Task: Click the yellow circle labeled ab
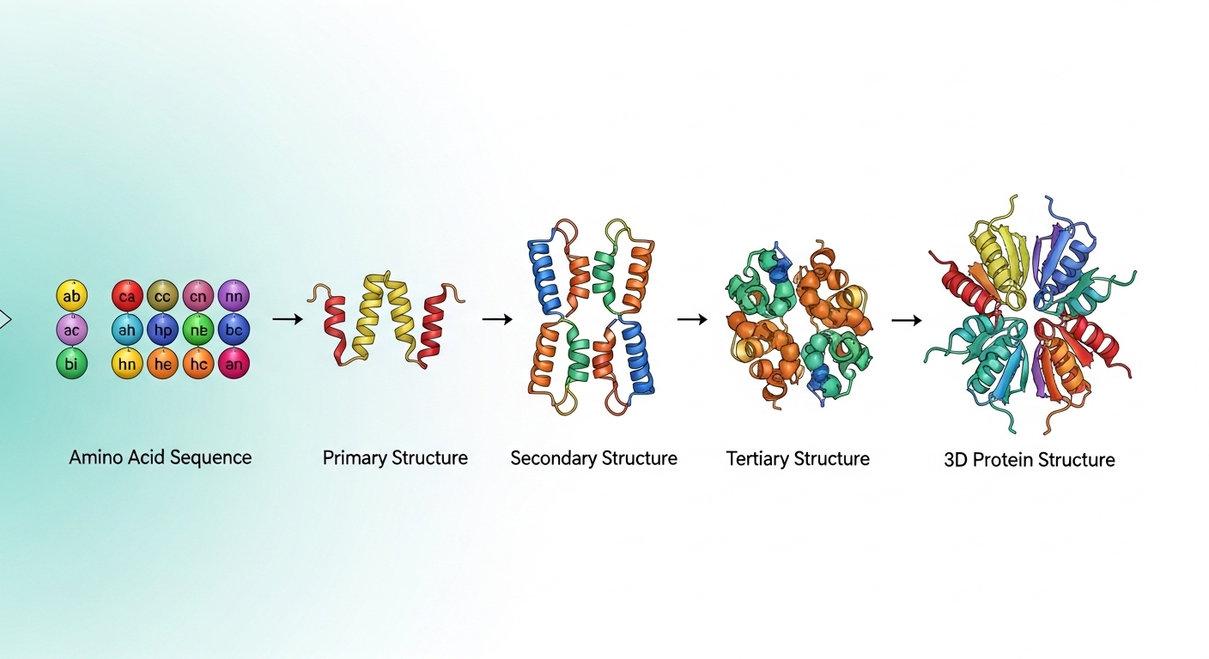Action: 72,295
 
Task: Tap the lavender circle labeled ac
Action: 72,330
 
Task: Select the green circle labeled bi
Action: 72,364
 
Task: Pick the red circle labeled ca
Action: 127,296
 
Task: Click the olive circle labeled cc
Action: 162,296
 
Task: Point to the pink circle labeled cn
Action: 198,296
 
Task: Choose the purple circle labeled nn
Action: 234,296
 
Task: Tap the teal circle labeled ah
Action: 127,329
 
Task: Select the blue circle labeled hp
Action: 162,329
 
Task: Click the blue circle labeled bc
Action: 234,329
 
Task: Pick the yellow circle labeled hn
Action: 127,364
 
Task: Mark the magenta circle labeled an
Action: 234,364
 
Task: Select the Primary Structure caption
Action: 395,458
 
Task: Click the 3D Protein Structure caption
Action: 1030,459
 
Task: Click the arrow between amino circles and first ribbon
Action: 288,319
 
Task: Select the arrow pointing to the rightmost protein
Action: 907,320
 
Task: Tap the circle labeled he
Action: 162,364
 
